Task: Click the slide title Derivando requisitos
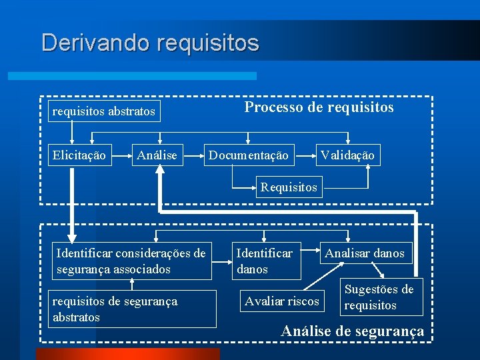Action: point(150,43)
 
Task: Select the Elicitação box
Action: point(79,155)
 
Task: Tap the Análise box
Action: point(157,155)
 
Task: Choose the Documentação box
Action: point(249,155)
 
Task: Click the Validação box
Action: point(347,155)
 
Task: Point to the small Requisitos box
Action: point(289,187)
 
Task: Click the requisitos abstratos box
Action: point(104,111)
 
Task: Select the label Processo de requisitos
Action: point(319,107)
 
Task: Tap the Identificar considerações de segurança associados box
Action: point(131,261)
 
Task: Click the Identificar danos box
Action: point(267,261)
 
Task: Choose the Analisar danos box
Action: point(364,253)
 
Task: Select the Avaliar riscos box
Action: point(281,301)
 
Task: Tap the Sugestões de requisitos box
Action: point(379,297)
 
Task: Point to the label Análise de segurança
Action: point(353,331)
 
